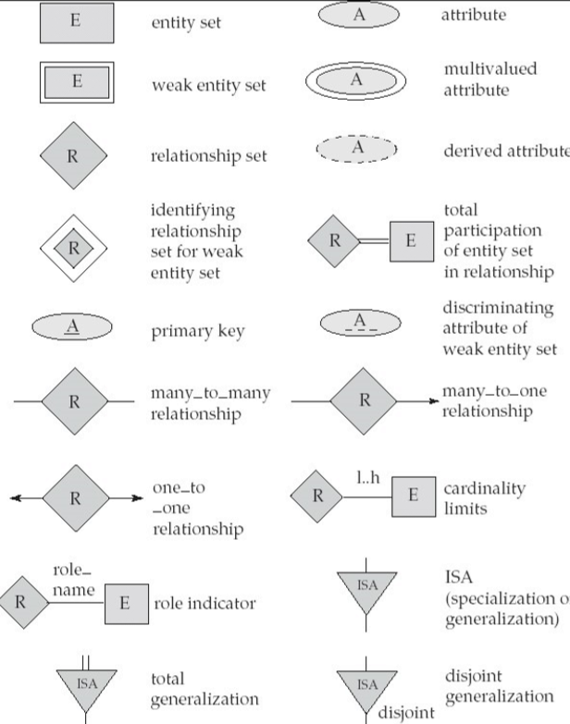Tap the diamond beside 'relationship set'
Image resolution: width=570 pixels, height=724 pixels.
[x=73, y=154]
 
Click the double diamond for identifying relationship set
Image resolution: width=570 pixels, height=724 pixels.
[x=73, y=248]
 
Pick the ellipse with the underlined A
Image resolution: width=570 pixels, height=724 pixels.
[x=72, y=328]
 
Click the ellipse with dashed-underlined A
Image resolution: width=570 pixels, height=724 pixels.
[x=360, y=324]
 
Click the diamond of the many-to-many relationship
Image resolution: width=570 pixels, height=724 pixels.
[x=74, y=402]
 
